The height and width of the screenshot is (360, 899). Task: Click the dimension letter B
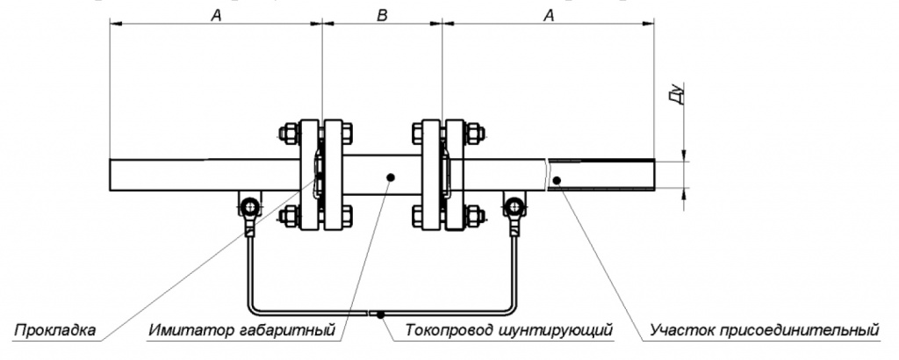[382, 15]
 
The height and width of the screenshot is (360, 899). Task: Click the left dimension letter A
[215, 15]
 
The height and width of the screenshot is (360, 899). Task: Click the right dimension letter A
[549, 15]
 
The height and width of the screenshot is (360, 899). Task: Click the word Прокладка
[54, 331]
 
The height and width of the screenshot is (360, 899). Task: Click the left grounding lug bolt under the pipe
[250, 207]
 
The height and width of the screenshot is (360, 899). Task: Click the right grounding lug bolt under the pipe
[513, 207]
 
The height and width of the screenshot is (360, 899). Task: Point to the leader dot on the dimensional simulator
[390, 176]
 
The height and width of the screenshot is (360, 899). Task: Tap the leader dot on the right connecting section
[557, 180]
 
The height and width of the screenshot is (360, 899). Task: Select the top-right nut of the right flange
[474, 134]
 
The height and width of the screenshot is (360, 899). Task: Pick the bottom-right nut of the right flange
[474, 215]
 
